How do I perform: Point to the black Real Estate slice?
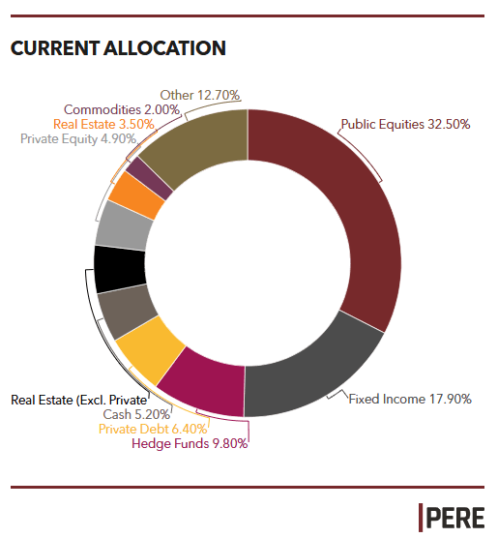point(119,269)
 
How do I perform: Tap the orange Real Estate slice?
point(137,194)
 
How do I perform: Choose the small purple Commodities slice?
point(150,178)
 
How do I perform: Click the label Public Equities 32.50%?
point(405,125)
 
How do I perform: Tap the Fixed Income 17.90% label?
point(410,399)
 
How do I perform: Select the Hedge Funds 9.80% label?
point(190,443)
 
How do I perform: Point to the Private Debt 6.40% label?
point(153,429)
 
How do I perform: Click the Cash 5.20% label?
point(136,414)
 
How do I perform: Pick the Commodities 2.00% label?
point(122,109)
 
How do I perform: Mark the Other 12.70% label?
point(200,95)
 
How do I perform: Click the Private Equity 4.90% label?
point(78,139)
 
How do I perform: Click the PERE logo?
point(452,518)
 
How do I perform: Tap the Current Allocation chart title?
point(118,48)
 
